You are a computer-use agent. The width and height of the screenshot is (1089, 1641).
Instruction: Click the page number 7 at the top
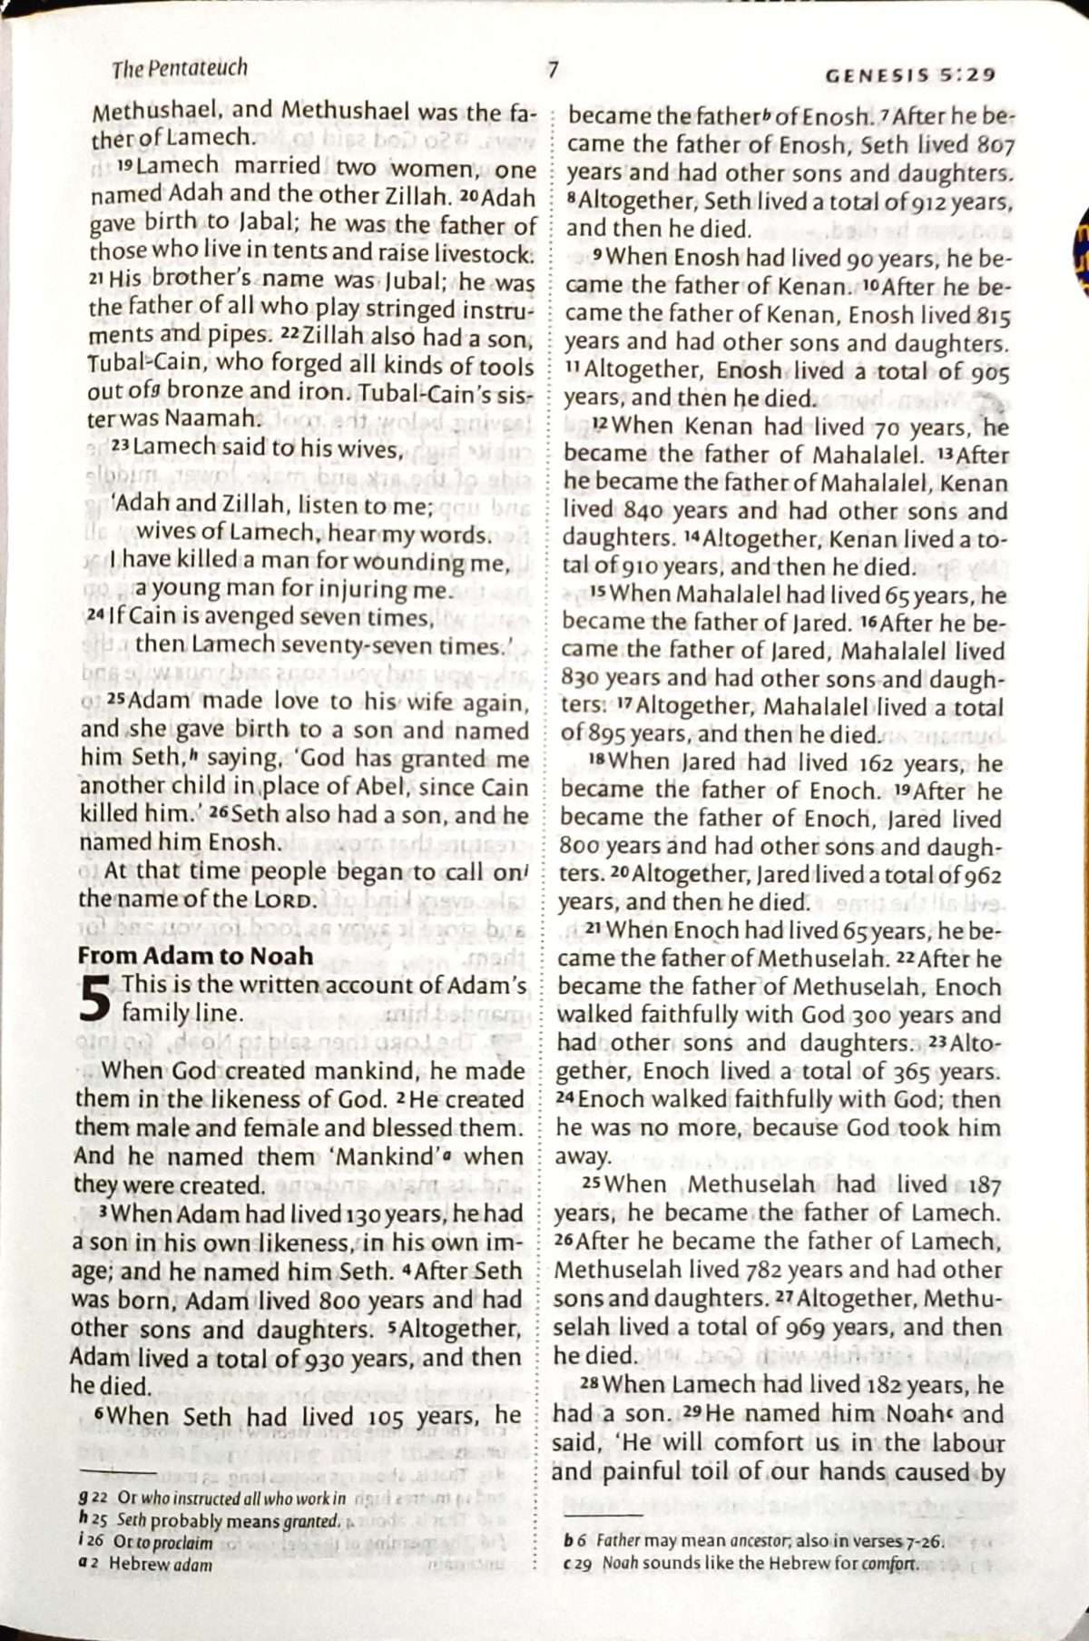(x=552, y=69)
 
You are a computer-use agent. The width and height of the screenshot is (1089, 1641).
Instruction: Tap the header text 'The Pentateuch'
(x=180, y=68)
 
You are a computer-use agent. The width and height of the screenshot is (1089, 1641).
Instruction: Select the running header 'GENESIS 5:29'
(x=910, y=75)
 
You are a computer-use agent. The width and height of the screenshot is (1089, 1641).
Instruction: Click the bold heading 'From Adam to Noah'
(x=195, y=956)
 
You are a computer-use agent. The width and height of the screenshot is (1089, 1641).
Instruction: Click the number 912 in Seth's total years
(x=918, y=201)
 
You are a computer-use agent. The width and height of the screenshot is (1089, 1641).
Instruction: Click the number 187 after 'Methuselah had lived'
(x=984, y=1184)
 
